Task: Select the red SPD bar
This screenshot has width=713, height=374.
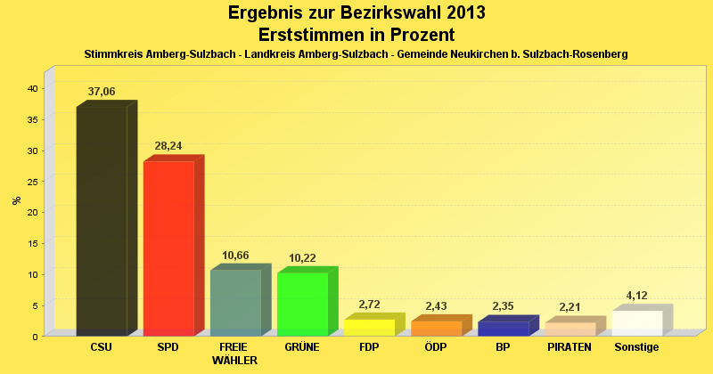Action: [x=168, y=248]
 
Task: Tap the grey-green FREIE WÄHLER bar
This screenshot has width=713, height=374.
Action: [x=235, y=303]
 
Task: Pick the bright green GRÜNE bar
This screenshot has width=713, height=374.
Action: [x=302, y=304]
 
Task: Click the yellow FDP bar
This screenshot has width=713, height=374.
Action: [x=369, y=328]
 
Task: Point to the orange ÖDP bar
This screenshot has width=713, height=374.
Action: [x=436, y=329]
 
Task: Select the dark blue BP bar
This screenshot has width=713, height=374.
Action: [x=503, y=329]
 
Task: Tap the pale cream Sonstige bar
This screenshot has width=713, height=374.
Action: [x=636, y=323]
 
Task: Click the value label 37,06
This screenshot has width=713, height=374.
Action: [x=102, y=92]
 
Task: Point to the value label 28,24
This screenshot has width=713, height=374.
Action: [x=168, y=146]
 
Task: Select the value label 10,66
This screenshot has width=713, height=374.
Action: [x=235, y=256]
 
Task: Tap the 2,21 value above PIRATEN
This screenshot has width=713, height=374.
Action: [x=570, y=307]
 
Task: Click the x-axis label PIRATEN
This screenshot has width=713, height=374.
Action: [x=570, y=347]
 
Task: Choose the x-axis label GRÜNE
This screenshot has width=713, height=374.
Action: [x=302, y=347]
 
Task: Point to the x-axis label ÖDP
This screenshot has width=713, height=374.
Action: [x=436, y=347]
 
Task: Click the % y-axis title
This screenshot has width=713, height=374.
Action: [x=16, y=200]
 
